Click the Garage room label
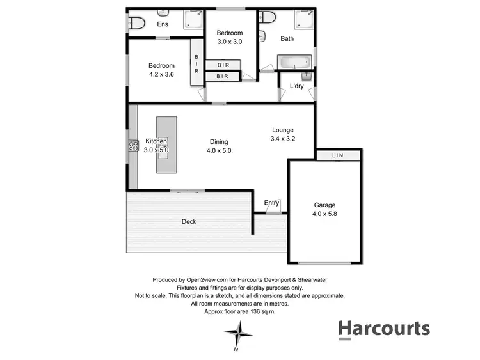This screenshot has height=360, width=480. [x=324, y=205]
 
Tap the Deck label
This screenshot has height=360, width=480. [x=189, y=222]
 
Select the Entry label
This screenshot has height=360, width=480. [x=272, y=203]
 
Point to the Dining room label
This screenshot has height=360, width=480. [x=219, y=142]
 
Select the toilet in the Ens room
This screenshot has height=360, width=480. [x=136, y=24]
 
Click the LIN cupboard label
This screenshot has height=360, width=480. [x=337, y=156]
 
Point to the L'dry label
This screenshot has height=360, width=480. [x=296, y=86]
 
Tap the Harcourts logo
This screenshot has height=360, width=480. [x=384, y=329]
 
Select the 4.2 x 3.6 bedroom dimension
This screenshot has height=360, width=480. [x=161, y=74]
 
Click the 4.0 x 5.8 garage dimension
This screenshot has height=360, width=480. [x=324, y=214]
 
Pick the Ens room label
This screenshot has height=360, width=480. [x=163, y=24]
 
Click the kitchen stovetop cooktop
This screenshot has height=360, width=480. [x=134, y=145]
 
